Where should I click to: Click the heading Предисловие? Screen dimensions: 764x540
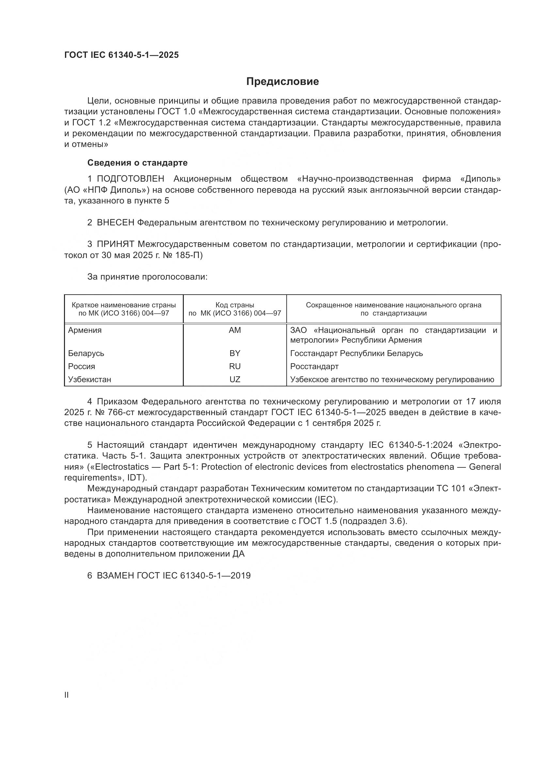pos(282,82)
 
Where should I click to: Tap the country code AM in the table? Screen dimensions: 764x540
pos(235,330)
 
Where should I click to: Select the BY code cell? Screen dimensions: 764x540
pos(235,353)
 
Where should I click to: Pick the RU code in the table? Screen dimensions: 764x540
pos(235,366)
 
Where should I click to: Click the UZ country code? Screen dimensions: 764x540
pos(235,379)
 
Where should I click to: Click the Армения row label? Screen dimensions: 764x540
pos(85,330)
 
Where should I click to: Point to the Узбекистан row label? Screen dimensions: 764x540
pos(89,379)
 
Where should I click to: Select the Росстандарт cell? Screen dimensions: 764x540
pos(314,366)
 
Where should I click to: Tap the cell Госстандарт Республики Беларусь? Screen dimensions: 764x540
pos(357,353)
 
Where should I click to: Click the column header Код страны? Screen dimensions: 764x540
pos(235,305)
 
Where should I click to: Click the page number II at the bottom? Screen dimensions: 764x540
pos(67,695)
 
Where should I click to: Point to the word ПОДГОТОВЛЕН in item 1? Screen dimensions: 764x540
pos(130,179)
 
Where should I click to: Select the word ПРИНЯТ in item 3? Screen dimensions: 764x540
pos(115,244)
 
